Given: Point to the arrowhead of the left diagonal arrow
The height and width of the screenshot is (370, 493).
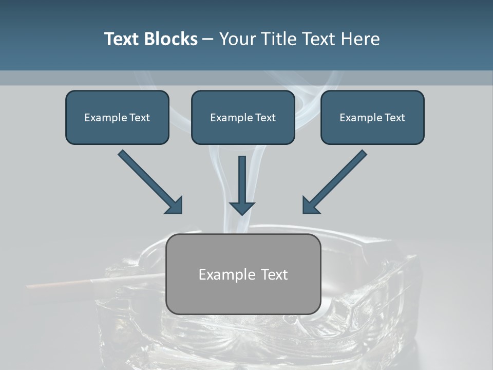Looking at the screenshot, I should [175, 206].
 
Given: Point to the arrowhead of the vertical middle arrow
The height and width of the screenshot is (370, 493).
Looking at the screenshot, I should [242, 208].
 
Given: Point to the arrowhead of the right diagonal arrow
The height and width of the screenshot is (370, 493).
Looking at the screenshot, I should [310, 206].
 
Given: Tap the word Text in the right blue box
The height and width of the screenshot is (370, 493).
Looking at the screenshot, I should [394, 118].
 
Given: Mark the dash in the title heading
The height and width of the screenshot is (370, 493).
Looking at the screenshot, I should [208, 39].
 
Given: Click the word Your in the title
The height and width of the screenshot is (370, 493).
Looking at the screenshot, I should [237, 39].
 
